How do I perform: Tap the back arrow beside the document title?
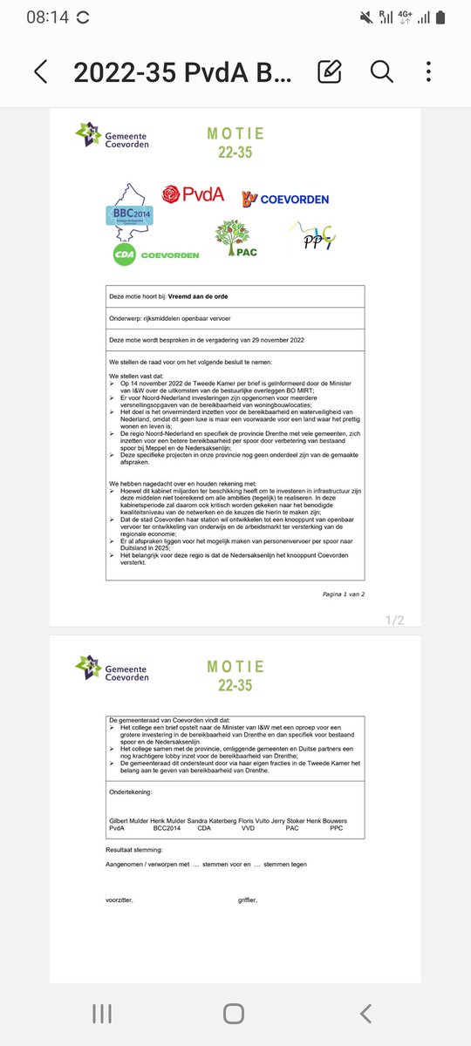coord(40,71)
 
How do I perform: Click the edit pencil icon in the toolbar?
coord(329,71)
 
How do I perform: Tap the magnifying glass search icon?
coord(381,71)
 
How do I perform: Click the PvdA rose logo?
coord(193,194)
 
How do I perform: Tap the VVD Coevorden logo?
coord(285,199)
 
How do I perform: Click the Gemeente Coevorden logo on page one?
coord(113,136)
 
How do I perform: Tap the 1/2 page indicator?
coord(394,620)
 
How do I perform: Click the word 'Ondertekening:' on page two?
coord(130,793)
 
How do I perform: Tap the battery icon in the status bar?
coord(442,17)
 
